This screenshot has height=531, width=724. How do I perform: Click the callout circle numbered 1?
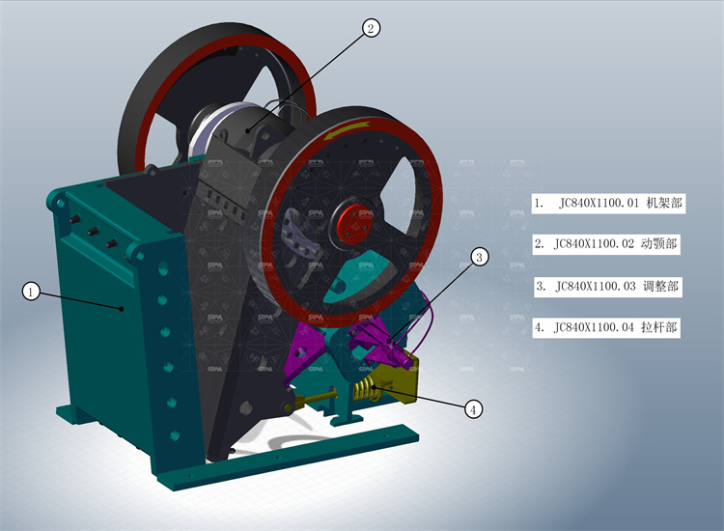(31, 291)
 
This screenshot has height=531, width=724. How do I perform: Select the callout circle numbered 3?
(480, 257)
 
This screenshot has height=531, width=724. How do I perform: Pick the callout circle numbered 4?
(472, 409)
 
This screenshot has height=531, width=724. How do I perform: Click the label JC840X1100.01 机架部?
(608, 204)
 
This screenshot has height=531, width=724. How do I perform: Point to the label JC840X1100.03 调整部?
(607, 286)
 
